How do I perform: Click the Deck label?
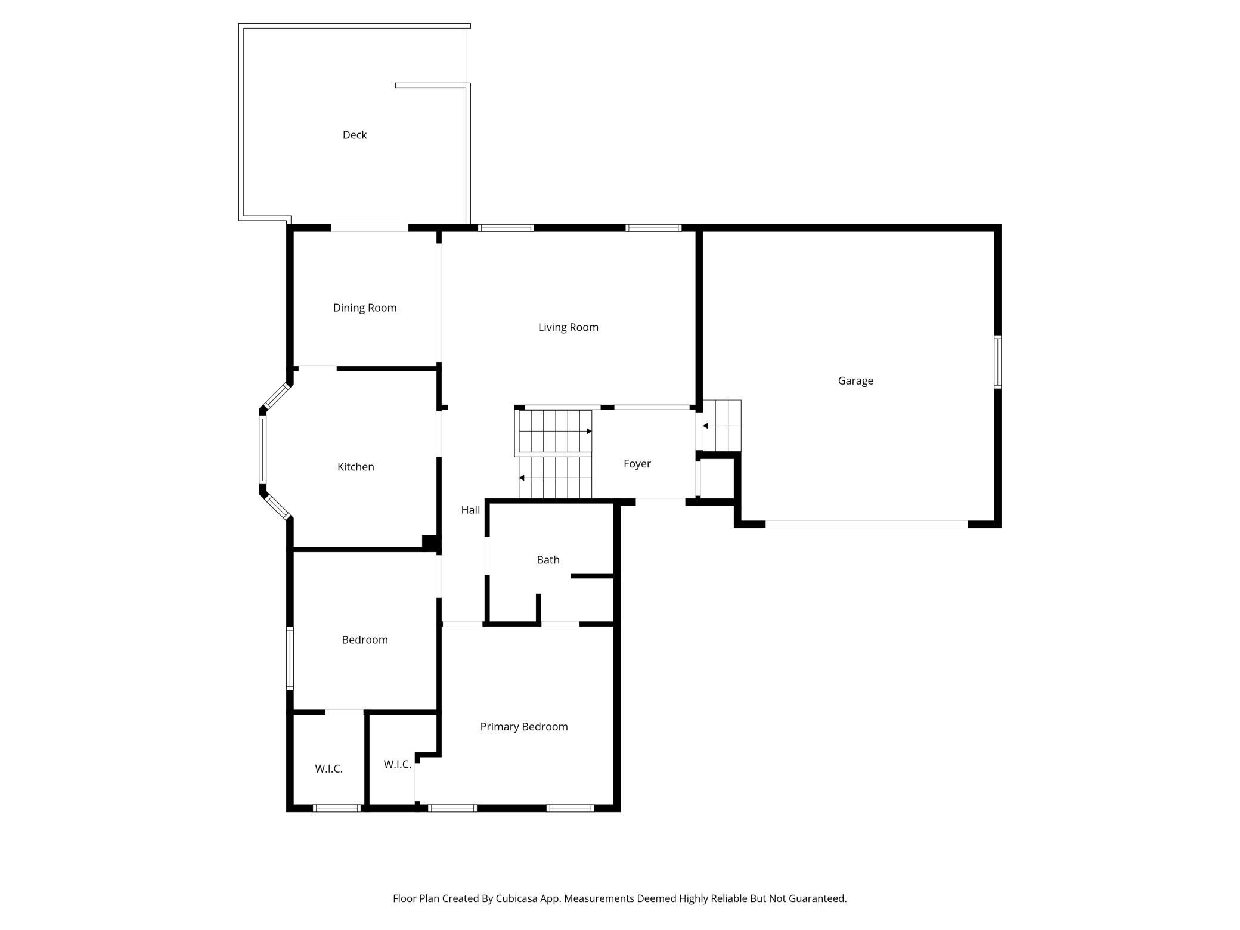[354, 135]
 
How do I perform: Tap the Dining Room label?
[365, 308]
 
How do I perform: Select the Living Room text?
[568, 327]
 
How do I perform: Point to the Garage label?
[855, 380]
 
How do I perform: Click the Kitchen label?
[356, 467]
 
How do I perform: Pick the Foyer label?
[637, 464]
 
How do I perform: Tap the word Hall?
[470, 510]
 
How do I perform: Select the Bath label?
[548, 560]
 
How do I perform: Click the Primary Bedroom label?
[524, 727]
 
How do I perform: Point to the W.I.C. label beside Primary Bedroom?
[398, 764]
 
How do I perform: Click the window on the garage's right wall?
[997, 362]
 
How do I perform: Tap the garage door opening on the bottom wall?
[867, 525]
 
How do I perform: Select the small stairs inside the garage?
[722, 426]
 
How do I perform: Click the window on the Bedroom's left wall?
[290, 658]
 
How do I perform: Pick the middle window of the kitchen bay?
[262, 449]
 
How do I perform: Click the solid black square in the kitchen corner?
[430, 542]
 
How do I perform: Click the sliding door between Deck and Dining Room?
[370, 228]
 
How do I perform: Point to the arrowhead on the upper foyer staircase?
[589, 431]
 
